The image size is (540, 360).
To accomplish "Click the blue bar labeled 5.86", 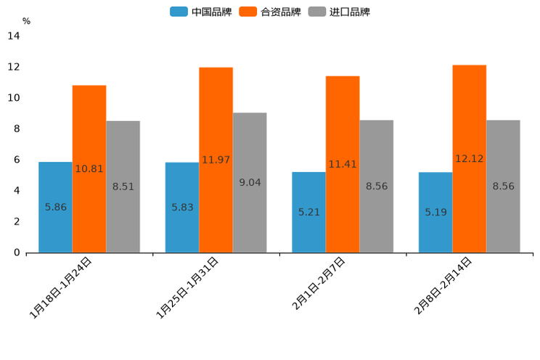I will tap(55, 207).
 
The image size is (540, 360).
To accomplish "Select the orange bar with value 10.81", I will tap(89, 168).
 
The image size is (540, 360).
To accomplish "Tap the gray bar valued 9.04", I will tap(250, 182).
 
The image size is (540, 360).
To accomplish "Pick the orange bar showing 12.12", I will tap(470, 158).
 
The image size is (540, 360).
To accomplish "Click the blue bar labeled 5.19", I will tap(435, 212).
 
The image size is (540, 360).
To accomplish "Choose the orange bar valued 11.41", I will tap(343, 164).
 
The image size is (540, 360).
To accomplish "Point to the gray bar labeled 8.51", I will tap(123, 187).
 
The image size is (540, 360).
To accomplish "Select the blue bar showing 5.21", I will tap(308, 212).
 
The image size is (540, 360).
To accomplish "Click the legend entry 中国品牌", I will tap(201, 12).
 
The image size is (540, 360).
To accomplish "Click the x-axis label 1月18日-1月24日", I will tap(61, 288).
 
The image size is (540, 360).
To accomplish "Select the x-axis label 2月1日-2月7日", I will tap(319, 284).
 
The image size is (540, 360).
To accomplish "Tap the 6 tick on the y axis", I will tap(17, 160).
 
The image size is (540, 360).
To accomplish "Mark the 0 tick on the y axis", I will tap(17, 253).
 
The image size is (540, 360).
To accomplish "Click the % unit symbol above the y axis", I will tap(26, 21).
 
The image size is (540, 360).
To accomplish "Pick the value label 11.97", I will tap(216, 160).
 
